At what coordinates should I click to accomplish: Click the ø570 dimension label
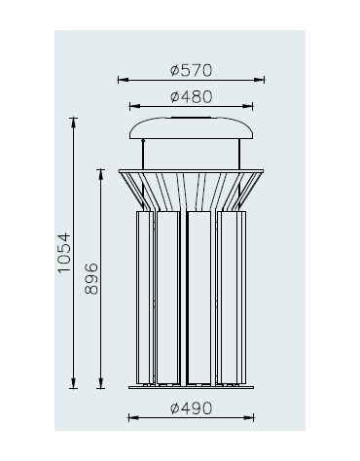pos(191,70)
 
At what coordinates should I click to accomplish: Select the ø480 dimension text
pos(191,97)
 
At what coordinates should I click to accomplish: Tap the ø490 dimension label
pos(191,408)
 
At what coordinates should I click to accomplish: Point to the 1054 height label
pos(64,253)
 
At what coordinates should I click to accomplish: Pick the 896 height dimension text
pos(91,278)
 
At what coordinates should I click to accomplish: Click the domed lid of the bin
pos(191,128)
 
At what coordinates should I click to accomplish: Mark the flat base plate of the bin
pos(191,387)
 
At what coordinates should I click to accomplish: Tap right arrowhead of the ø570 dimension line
pos(259,80)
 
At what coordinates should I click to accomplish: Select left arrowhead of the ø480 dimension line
pos(134,106)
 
